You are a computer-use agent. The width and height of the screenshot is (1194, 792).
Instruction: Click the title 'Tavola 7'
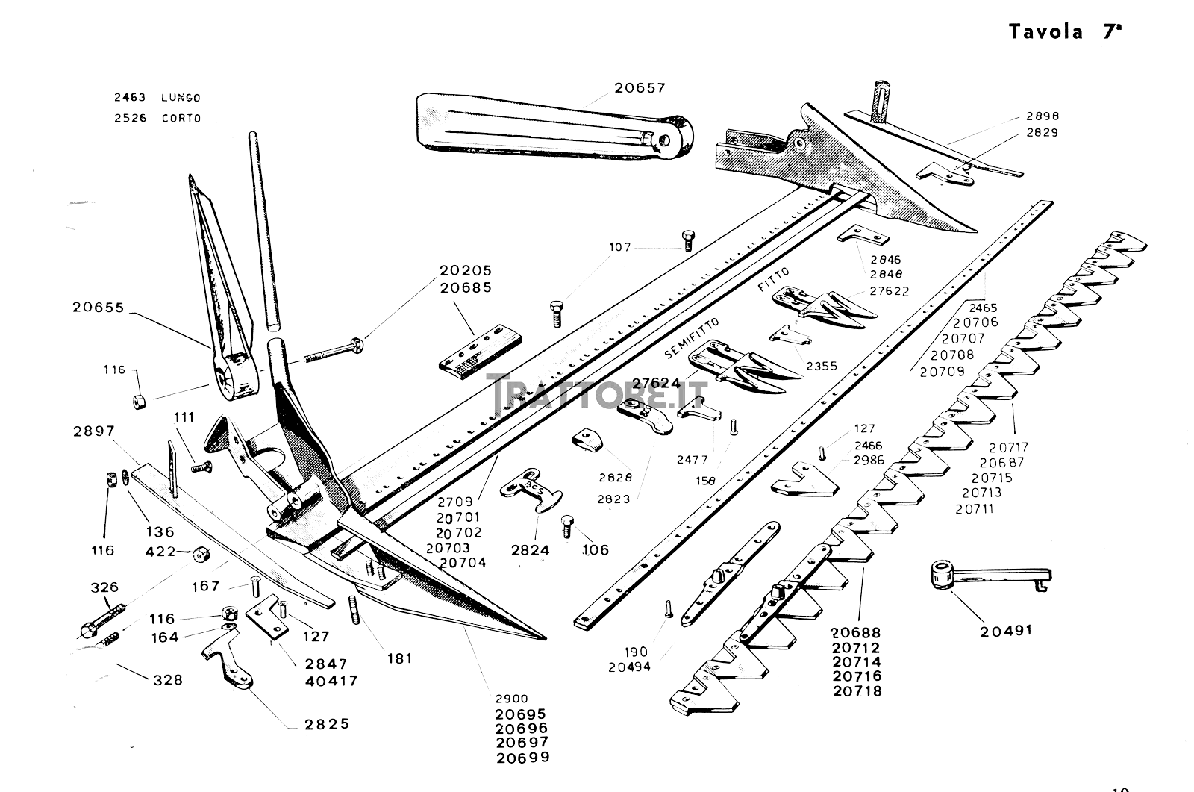point(1065,31)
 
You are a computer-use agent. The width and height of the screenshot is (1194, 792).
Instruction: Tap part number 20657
point(640,87)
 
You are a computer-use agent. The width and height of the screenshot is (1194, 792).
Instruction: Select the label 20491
point(1006,630)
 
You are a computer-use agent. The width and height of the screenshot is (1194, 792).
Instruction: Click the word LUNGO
point(181,98)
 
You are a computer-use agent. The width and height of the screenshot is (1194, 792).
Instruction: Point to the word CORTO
point(181,118)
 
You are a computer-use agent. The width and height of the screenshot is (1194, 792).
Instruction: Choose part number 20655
point(98,307)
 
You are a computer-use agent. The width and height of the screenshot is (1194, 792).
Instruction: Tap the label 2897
point(94,431)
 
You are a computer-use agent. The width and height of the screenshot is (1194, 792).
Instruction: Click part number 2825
point(327,724)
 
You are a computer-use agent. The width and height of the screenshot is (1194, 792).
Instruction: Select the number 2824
point(531,550)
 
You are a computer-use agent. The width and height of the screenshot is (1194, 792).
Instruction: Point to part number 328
point(167,680)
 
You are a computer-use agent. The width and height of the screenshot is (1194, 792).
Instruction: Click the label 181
point(400,658)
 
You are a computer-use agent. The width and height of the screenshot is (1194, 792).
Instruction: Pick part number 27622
point(890,291)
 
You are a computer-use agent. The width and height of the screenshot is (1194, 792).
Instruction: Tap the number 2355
point(822,366)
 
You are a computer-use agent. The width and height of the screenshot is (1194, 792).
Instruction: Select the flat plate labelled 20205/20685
point(478,351)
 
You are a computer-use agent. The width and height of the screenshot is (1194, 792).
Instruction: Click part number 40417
point(331,681)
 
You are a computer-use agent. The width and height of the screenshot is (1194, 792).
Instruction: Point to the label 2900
point(510,699)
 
